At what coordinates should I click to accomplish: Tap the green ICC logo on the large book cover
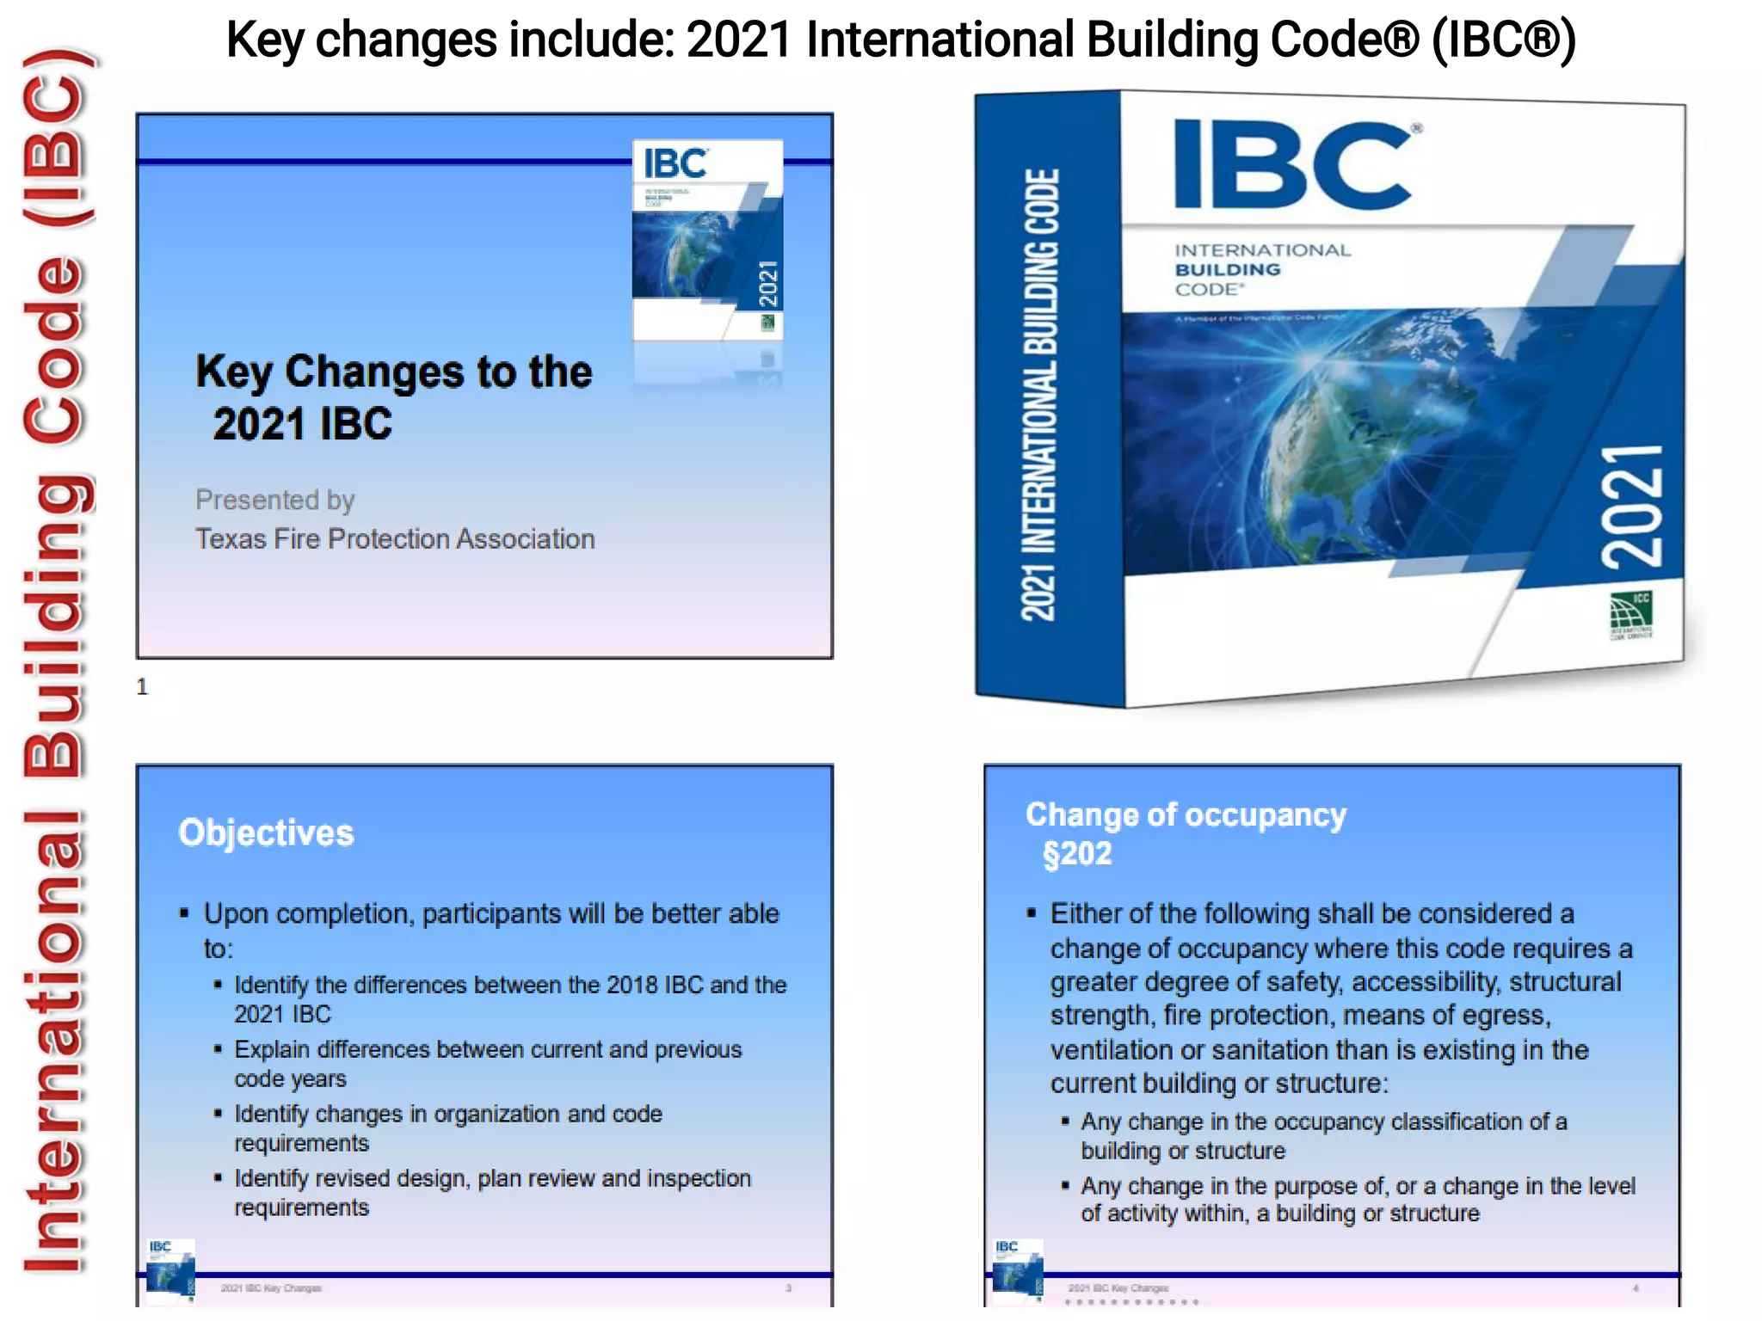click(x=1630, y=614)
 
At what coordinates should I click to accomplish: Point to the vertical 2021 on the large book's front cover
click(x=1631, y=507)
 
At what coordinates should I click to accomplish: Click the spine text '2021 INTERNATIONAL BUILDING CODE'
click(x=1039, y=396)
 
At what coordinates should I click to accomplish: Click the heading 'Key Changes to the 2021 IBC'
click(x=392, y=397)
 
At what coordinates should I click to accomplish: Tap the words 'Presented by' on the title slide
click(x=274, y=500)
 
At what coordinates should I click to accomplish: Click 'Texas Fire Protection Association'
click(x=395, y=539)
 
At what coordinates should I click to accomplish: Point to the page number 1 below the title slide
click(x=142, y=686)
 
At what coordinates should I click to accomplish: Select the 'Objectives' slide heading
click(x=266, y=833)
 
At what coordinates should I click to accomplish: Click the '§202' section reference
click(x=1077, y=854)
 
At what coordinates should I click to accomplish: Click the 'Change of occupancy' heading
click(x=1186, y=814)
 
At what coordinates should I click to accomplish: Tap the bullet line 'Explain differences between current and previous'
click(x=487, y=1050)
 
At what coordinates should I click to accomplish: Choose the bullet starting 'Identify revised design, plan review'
click(x=492, y=1179)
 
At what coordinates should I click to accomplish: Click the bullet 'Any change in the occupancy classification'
click(x=1323, y=1122)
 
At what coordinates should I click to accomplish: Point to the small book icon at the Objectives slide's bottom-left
click(x=170, y=1268)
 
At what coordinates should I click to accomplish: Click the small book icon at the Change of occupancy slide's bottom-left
click(x=1018, y=1268)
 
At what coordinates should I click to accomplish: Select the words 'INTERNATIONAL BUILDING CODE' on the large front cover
click(x=1261, y=269)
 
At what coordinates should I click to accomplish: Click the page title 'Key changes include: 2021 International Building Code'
click(x=900, y=40)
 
